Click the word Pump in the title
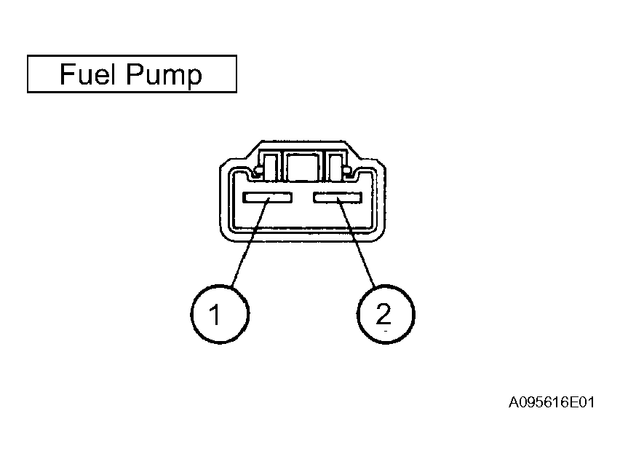point(164,76)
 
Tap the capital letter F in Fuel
point(66,74)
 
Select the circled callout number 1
point(220,314)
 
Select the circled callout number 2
point(386,314)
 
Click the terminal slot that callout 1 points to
point(267,197)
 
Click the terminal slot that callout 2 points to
point(338,197)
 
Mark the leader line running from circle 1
point(250,242)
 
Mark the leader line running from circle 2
point(356,242)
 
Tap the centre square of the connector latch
point(303,167)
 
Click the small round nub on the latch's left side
point(258,171)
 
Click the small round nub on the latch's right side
point(347,171)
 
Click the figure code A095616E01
point(551,402)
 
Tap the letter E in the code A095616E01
point(573,402)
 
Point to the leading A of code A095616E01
point(514,402)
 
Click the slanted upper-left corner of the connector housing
point(253,149)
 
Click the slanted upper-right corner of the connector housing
point(353,149)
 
